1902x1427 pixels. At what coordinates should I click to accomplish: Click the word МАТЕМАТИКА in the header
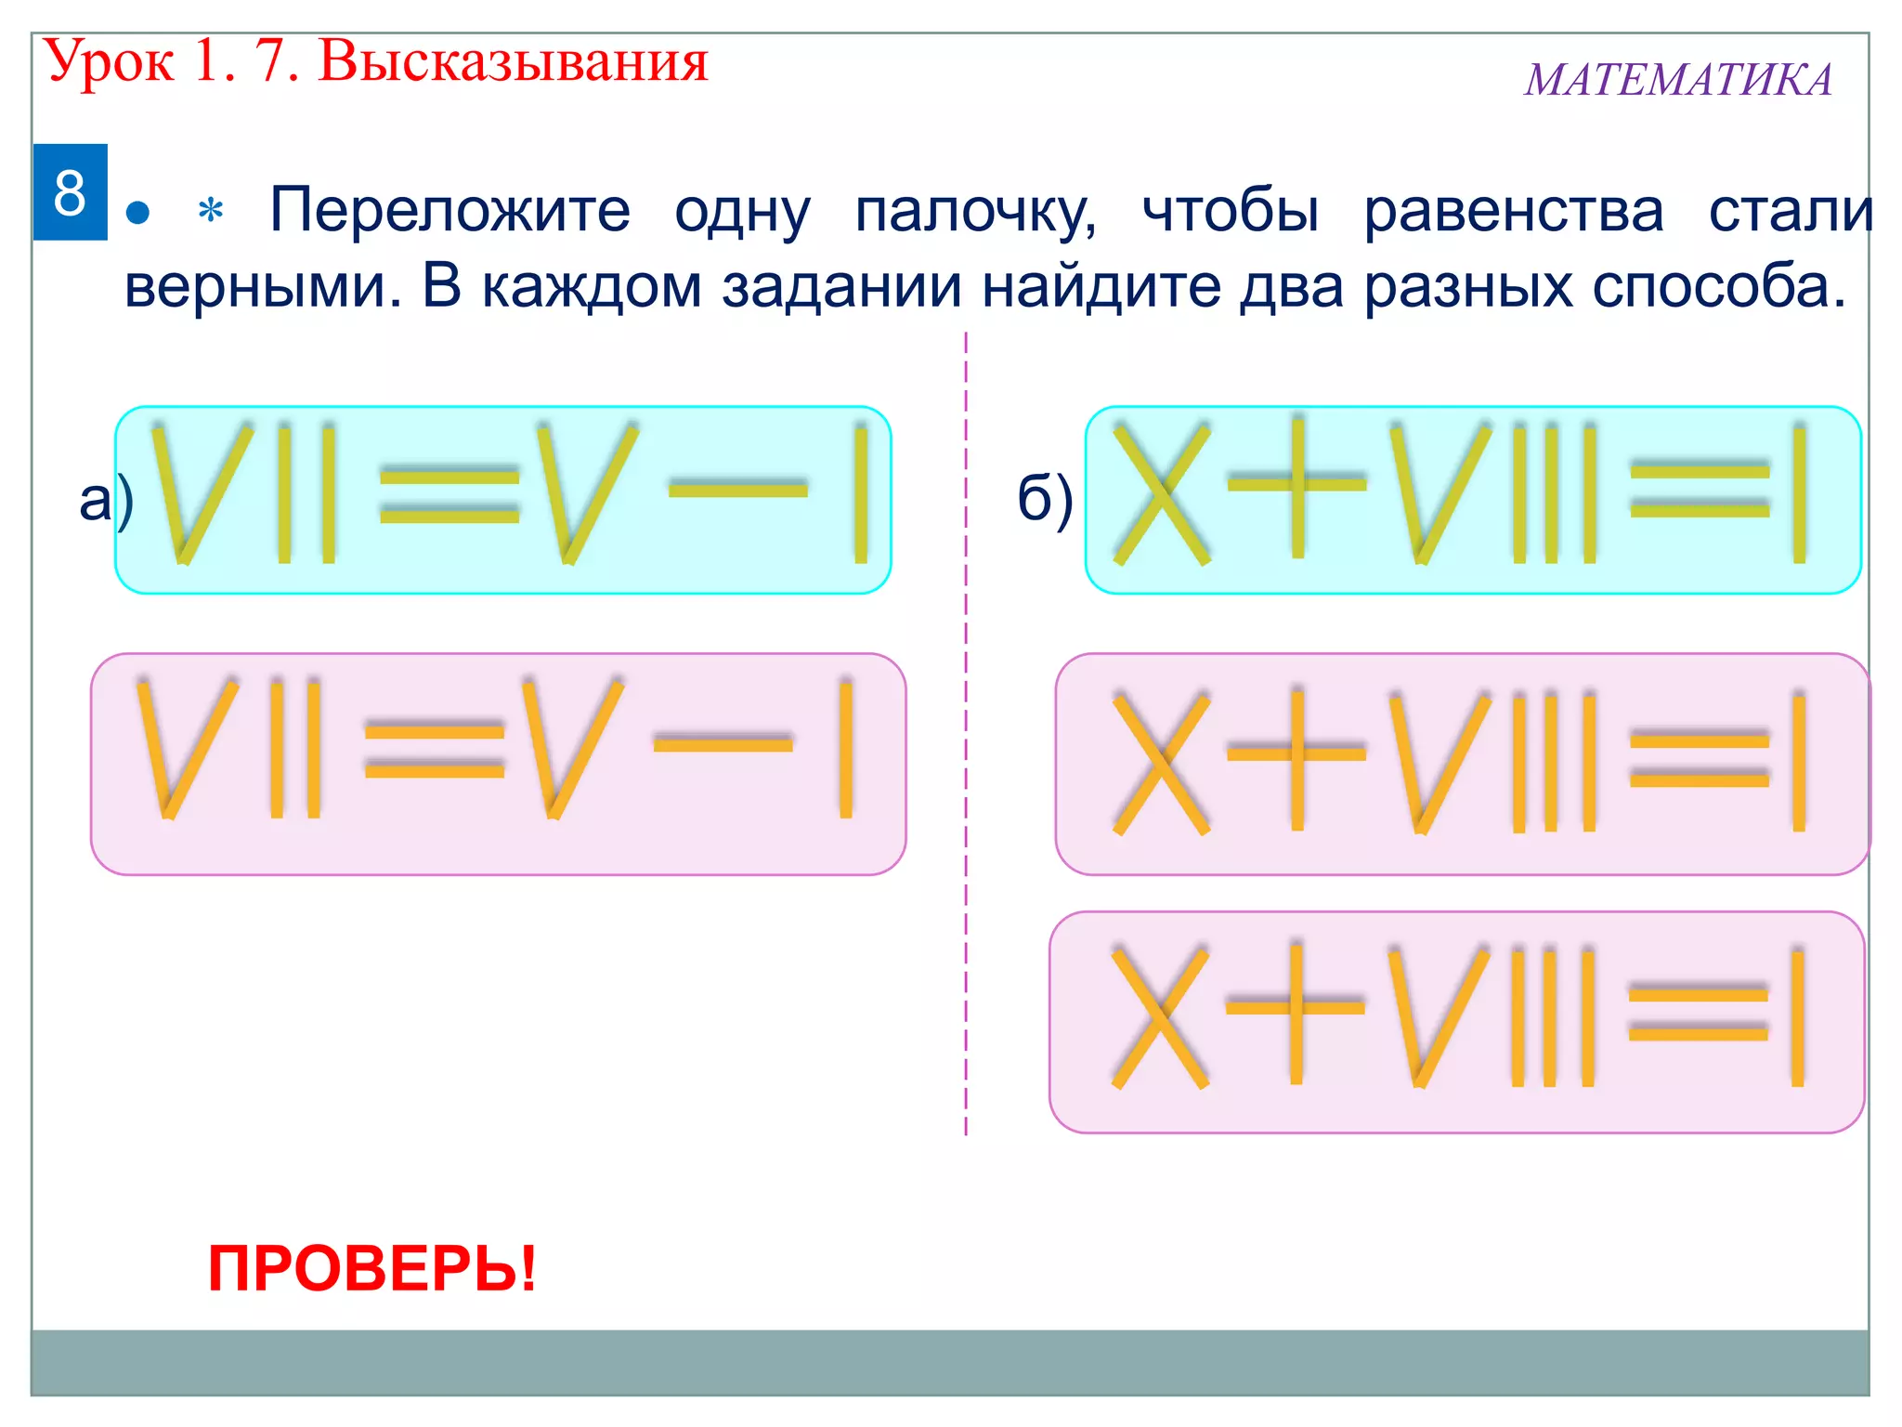pyautogui.click(x=1678, y=80)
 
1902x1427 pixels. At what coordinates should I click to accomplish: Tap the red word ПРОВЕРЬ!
pyautogui.click(x=372, y=1269)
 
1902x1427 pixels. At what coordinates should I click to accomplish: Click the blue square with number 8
pyautogui.click(x=70, y=192)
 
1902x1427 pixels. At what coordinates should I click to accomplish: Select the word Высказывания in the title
pyautogui.click(x=514, y=61)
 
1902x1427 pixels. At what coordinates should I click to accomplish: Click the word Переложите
pyautogui.click(x=449, y=210)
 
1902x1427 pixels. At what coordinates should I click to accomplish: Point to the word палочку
pyautogui.click(x=975, y=212)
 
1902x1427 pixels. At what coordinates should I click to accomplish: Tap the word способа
pyautogui.click(x=1718, y=286)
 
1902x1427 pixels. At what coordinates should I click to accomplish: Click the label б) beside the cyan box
pyautogui.click(x=1045, y=500)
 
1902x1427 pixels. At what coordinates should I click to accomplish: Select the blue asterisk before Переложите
pyautogui.click(x=211, y=212)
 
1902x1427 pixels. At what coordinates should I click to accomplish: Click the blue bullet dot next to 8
pyautogui.click(x=137, y=214)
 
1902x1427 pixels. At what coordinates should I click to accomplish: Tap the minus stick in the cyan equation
pyautogui.click(x=738, y=489)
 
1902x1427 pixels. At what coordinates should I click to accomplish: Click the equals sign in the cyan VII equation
pyautogui.click(x=449, y=496)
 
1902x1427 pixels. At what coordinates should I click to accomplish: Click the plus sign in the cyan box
pyautogui.click(x=1297, y=484)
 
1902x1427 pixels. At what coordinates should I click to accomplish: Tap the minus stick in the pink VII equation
pyautogui.click(x=723, y=743)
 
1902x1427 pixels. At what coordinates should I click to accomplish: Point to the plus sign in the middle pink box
pyautogui.click(x=1297, y=754)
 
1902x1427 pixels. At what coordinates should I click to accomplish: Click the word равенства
pyautogui.click(x=1514, y=212)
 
